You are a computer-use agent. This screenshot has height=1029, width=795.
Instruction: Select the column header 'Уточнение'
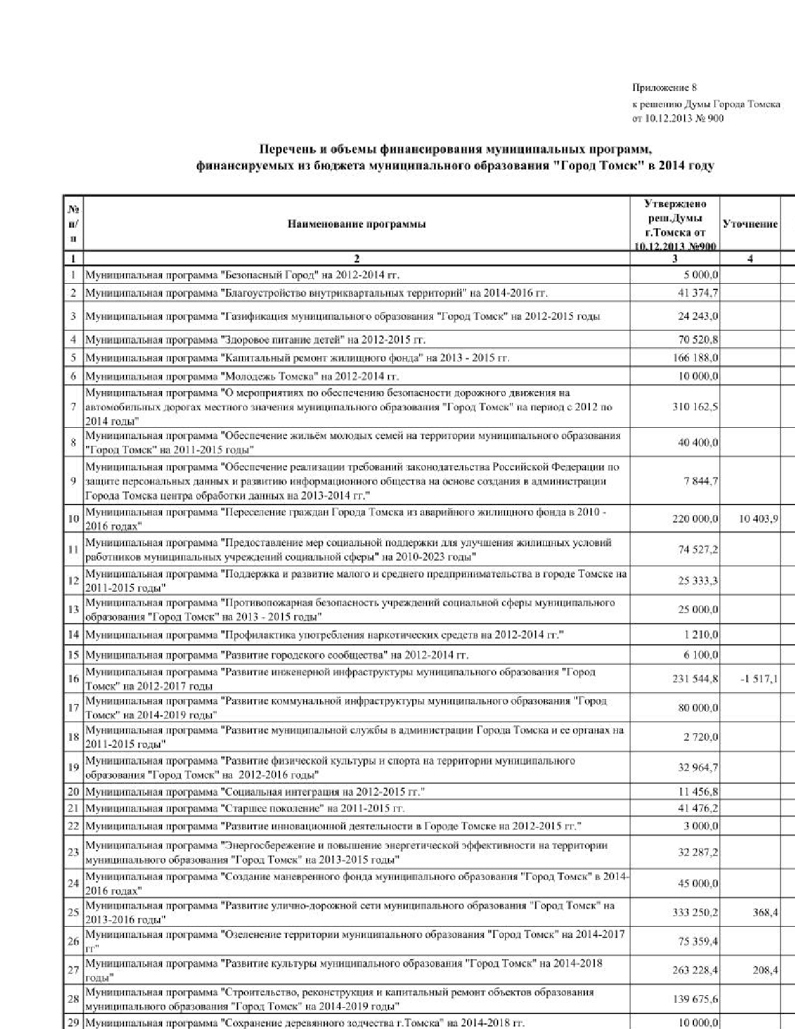coord(749,225)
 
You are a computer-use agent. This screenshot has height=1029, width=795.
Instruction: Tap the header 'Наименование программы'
coord(357,225)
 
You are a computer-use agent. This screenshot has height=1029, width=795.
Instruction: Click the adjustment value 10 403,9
coord(758,519)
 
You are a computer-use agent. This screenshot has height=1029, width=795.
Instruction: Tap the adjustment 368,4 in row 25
coord(765,912)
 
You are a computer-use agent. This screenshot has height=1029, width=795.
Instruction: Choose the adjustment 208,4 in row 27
coord(765,970)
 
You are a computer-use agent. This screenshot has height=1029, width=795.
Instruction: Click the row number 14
coord(73,635)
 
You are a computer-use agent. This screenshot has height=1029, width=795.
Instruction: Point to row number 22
coord(73,826)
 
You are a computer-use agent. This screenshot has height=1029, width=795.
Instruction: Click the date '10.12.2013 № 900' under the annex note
coord(678,118)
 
